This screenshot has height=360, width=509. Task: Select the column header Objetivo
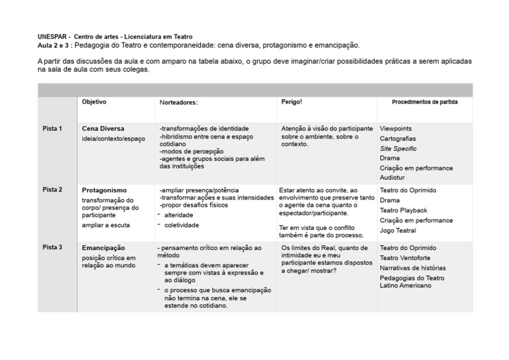coord(94,102)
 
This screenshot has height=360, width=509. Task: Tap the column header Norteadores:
coord(179,103)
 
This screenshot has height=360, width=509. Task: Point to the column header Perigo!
coord(292,102)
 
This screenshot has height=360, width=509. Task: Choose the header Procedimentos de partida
coord(425,102)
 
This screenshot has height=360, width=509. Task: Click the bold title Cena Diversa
coord(103,128)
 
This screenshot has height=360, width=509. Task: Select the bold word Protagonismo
coord(104,190)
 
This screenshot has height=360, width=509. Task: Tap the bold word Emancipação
coord(103,248)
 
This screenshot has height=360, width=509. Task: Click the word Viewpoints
coord(396,128)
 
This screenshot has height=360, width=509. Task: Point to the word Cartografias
coord(398,139)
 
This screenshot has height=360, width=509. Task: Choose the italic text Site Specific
coord(398,149)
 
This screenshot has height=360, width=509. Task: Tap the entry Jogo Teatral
coord(398,230)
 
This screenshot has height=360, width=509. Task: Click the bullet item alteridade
coord(180,215)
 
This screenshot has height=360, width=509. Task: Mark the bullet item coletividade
coord(182,225)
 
